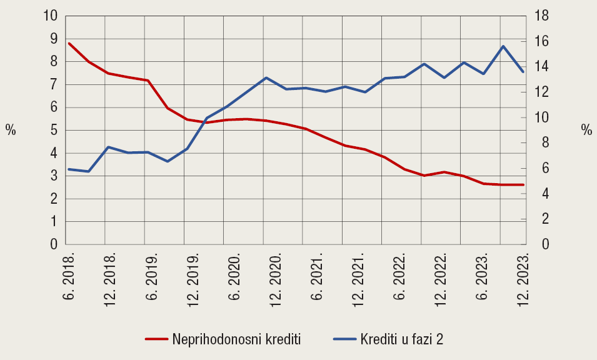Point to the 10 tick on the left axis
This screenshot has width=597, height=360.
(x=51, y=16)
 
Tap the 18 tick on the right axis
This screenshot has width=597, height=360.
(x=539, y=16)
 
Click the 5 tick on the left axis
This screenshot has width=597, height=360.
(x=54, y=130)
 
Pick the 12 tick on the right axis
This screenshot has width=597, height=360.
(x=539, y=92)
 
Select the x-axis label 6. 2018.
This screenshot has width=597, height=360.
(x=69, y=275)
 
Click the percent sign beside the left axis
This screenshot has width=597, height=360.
(x=11, y=130)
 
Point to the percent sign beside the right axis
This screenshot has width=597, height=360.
(x=586, y=130)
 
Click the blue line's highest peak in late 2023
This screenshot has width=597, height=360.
(x=503, y=46)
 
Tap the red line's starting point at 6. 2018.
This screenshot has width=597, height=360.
(x=68, y=43)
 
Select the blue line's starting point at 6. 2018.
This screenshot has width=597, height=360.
(x=68, y=169)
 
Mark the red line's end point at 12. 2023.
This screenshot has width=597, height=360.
(x=523, y=184)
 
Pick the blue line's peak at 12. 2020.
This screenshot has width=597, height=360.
(x=266, y=77)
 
